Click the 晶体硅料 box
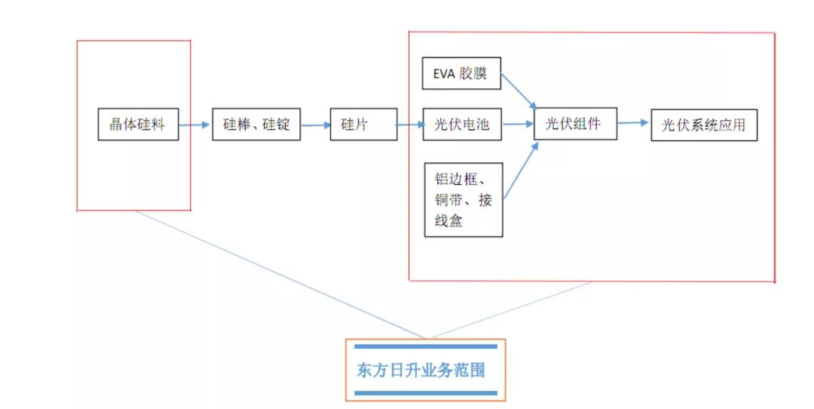137,125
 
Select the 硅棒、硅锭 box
256,125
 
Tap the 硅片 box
363,125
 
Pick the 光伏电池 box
462,125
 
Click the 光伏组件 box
575,123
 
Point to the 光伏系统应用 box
703,125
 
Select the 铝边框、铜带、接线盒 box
463,199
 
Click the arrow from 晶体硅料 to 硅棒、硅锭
195,125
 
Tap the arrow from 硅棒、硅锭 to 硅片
315,125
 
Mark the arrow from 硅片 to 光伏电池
410,125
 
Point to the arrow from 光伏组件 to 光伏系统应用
634,123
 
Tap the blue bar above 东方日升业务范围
425,346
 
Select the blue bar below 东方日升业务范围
425,393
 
